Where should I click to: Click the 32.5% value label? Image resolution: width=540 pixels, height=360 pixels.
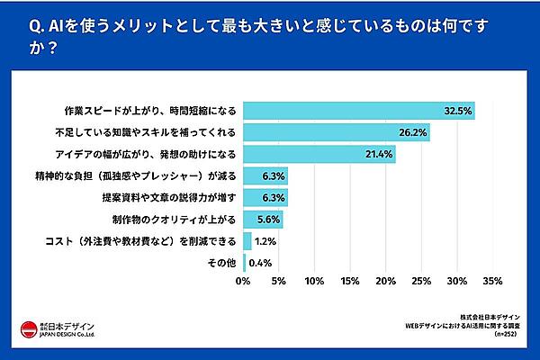[x=458, y=111]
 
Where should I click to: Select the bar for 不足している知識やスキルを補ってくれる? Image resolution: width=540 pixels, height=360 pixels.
[x=336, y=132]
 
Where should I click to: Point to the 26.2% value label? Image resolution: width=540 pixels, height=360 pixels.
[x=413, y=132]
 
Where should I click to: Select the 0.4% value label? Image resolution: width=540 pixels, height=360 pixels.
[x=258, y=263]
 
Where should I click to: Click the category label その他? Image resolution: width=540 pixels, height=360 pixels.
[x=222, y=263]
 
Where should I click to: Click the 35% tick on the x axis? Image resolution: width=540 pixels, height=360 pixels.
[x=491, y=282]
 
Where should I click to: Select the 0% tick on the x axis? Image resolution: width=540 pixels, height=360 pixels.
[x=243, y=282]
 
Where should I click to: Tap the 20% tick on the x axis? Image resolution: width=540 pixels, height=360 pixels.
[x=385, y=282]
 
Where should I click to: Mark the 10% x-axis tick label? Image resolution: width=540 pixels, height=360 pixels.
[x=314, y=282]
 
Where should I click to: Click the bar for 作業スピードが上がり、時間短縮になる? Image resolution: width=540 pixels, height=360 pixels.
[x=358, y=111]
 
